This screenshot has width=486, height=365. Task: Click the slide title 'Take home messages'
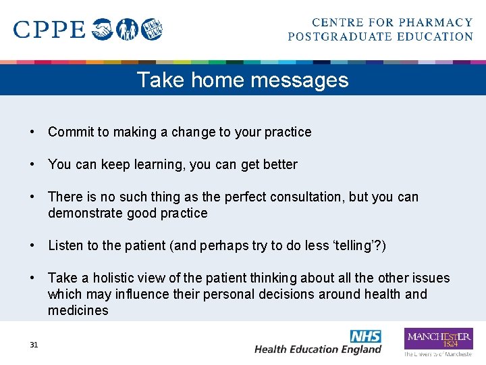(x=242, y=80)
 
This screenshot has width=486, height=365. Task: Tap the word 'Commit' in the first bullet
(x=70, y=132)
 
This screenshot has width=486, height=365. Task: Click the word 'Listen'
(x=65, y=245)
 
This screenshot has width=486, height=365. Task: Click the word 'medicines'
(x=78, y=310)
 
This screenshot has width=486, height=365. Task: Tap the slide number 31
(x=34, y=345)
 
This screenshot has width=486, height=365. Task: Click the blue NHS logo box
(x=365, y=336)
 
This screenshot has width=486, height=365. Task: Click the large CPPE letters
(x=49, y=30)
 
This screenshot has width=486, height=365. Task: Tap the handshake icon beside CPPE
(x=103, y=30)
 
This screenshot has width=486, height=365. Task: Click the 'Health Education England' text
(x=318, y=349)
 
